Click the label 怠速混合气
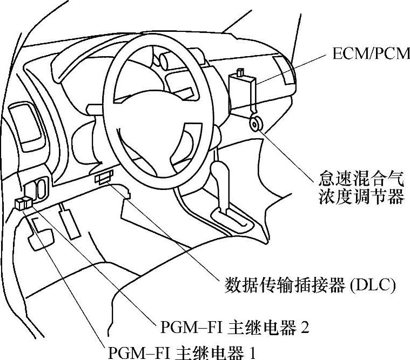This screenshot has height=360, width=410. (361, 179)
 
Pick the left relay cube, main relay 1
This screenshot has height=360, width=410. (20, 204)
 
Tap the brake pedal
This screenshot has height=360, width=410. (42, 235)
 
